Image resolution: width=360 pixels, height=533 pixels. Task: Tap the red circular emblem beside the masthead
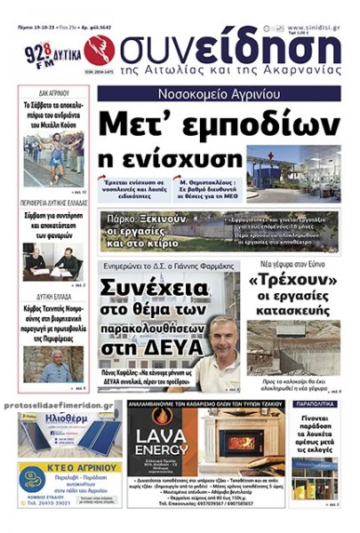[100, 50]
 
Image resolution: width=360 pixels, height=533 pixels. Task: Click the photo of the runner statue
[54, 156]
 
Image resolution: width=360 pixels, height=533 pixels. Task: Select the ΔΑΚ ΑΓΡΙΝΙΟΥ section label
[53, 92]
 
